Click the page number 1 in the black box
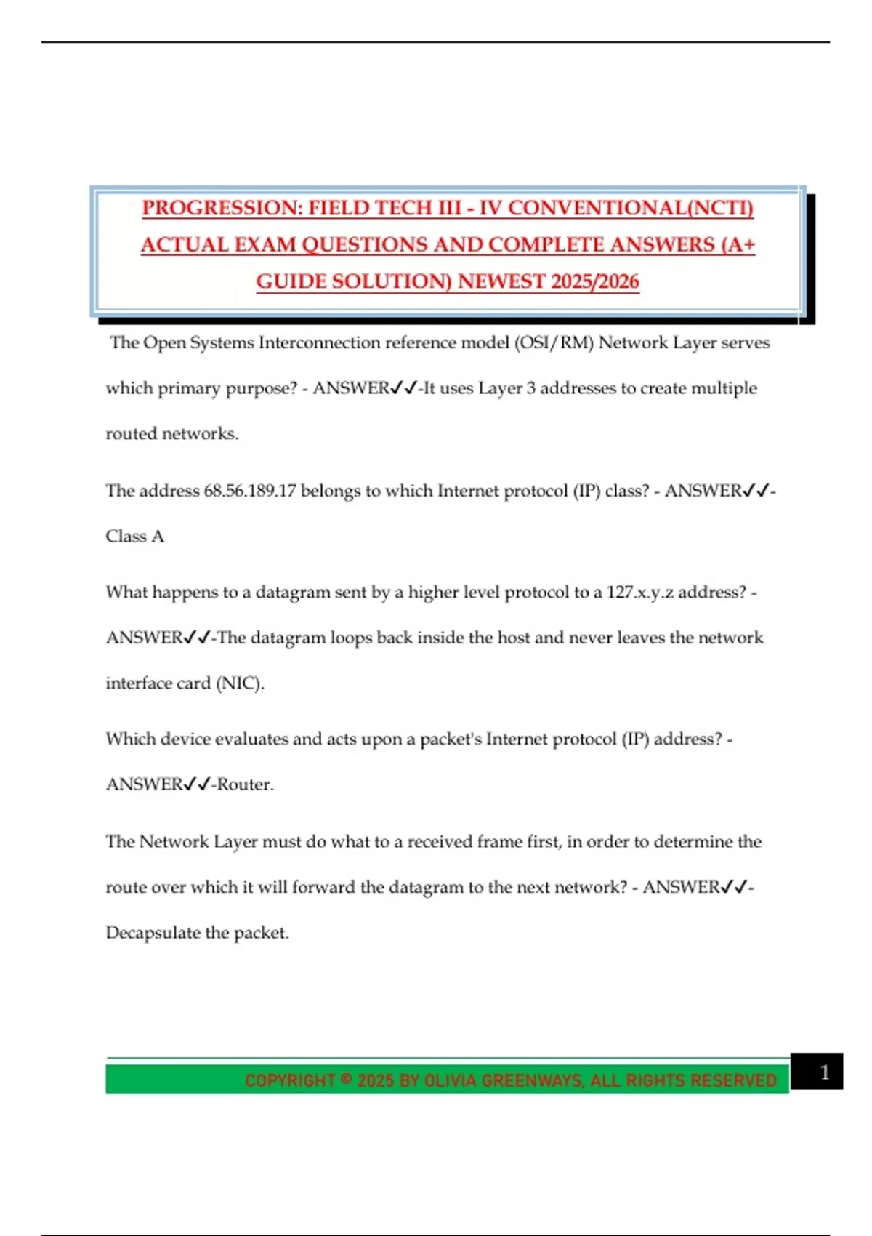[824, 1072]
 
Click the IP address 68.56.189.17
[250, 491]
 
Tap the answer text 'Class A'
[135, 537]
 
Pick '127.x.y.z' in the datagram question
[639, 592]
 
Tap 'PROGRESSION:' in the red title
[221, 208]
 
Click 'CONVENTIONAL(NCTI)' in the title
[630, 208]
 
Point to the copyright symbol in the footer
[346, 1080]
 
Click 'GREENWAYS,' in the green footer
[533, 1080]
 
